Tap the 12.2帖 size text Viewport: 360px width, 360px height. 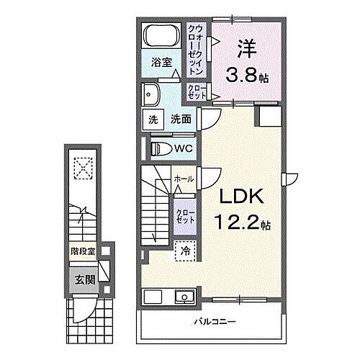pos(235,224)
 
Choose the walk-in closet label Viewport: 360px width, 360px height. pos(196,44)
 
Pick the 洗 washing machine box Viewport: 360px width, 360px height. pos(153,120)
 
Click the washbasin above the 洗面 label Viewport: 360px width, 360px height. pos(153,94)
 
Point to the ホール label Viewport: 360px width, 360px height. pos(183,179)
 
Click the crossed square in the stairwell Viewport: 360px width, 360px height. pos(85,169)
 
